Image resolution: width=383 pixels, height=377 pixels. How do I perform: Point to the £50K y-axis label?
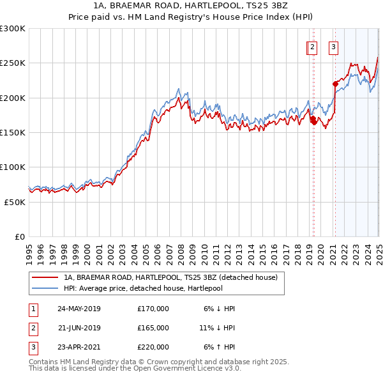[14, 202]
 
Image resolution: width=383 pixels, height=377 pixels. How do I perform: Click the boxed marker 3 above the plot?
[334, 46]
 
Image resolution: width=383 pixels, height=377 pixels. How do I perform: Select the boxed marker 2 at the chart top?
[312, 46]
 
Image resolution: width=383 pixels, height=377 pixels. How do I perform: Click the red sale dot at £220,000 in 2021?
[335, 83]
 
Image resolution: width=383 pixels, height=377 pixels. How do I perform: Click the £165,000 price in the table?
[153, 328]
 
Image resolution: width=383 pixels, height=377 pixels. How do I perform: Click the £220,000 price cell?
[153, 347]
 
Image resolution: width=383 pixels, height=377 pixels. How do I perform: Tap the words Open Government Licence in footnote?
[176, 369]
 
